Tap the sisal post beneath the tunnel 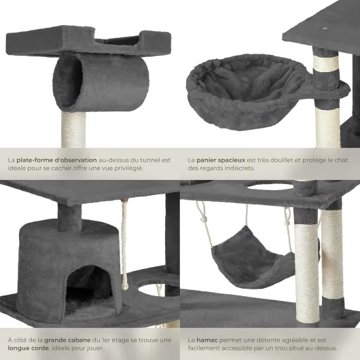coord(73,130)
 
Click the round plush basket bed coord(247,92)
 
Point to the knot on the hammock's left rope coord(203,221)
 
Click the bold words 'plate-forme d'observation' coord(56,160)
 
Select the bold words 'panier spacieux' coord(221,160)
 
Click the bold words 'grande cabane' coord(67,340)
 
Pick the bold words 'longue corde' coord(29,348)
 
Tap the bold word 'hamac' coord(207,340)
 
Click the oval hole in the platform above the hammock coord(270,187)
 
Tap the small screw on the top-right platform coord(325,29)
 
